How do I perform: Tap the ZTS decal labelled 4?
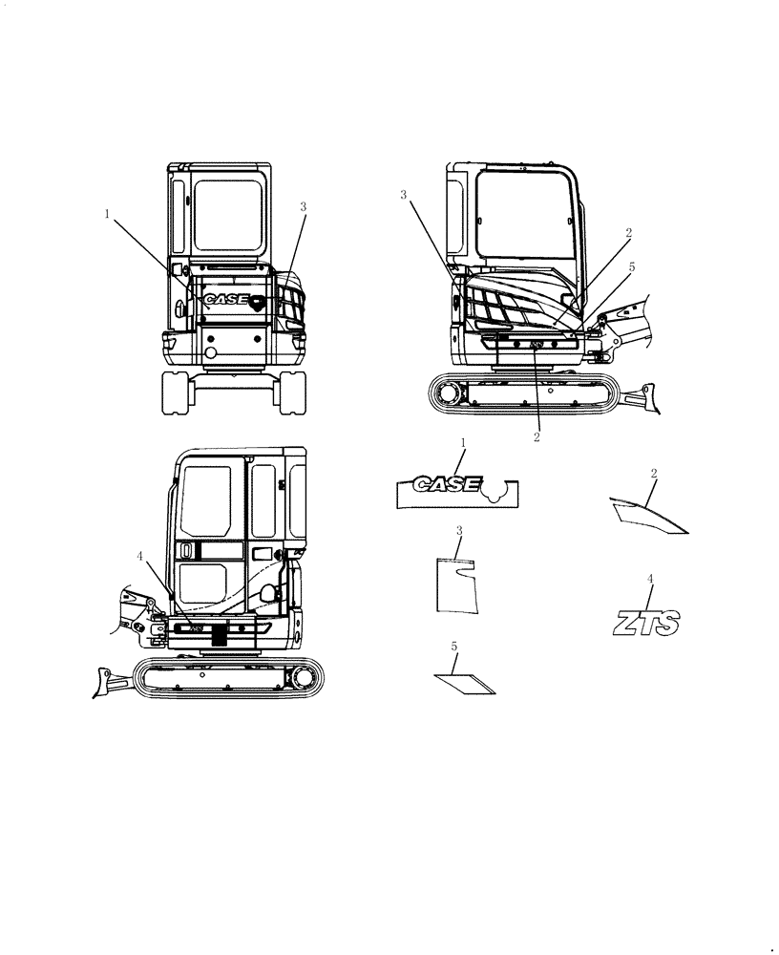point(645,625)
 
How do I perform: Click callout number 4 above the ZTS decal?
point(650,579)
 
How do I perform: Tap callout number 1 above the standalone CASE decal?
point(463,443)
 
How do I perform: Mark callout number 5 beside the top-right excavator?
point(631,267)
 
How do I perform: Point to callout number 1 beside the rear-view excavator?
point(107,215)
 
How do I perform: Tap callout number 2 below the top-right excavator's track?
point(537,437)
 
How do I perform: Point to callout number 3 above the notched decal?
point(459,530)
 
